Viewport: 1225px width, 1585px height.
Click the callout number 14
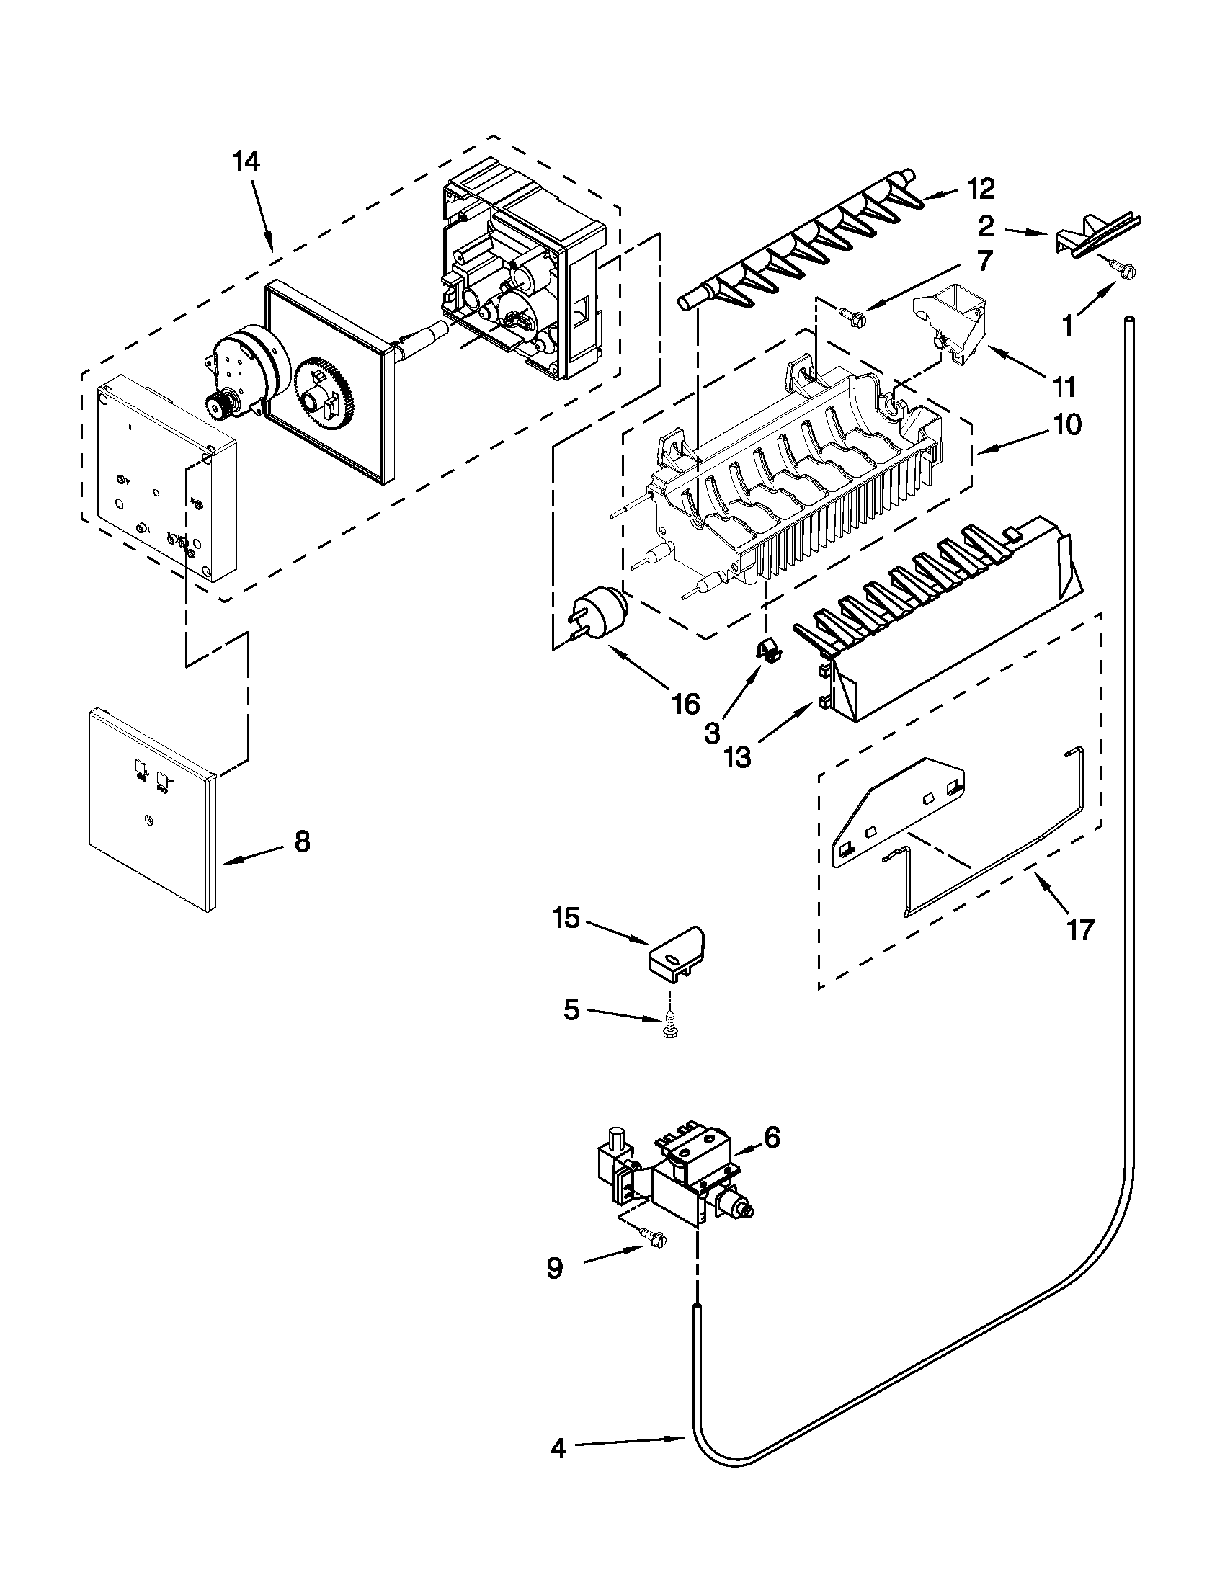point(245,162)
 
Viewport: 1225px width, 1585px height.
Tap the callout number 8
point(302,841)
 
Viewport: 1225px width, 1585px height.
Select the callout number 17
point(1079,929)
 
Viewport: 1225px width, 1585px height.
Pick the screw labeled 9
point(653,1242)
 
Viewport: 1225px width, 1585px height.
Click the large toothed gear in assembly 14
point(326,396)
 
